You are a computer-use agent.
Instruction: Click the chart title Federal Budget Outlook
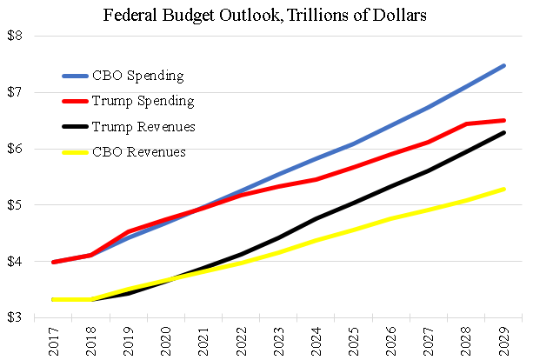point(266,15)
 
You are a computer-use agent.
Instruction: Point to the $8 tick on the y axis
point(15,37)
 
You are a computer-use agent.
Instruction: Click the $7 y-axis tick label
point(15,93)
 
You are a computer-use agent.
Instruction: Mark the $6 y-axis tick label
point(15,150)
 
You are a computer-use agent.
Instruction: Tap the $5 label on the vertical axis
point(15,206)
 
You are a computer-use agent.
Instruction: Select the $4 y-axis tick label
point(15,262)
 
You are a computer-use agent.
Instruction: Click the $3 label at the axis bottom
point(15,318)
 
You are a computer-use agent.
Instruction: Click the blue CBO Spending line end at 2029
point(504,65)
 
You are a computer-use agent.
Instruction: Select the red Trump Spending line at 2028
point(465,124)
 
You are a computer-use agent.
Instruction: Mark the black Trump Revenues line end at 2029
point(504,132)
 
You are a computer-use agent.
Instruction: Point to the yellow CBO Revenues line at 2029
point(504,189)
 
